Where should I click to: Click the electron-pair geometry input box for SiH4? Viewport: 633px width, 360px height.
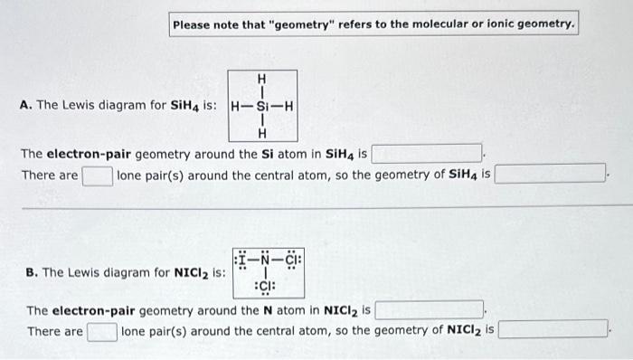(x=426, y=153)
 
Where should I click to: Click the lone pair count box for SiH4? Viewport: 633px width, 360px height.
(x=98, y=174)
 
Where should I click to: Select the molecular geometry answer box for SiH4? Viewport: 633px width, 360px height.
(x=551, y=173)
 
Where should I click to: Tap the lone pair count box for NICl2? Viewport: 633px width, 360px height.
(x=102, y=331)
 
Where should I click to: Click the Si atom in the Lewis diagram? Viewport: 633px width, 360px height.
(x=263, y=105)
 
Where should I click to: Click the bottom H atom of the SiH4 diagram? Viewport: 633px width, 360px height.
(x=262, y=133)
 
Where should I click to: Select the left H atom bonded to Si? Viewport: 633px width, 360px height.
(x=237, y=105)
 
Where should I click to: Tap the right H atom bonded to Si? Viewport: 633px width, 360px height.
(x=288, y=105)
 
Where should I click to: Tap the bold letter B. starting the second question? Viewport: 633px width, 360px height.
(x=32, y=271)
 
